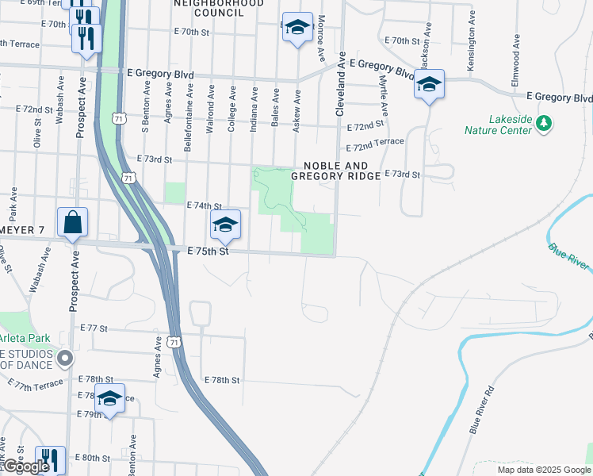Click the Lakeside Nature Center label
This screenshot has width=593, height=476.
point(510,125)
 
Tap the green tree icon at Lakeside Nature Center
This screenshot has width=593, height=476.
point(543,123)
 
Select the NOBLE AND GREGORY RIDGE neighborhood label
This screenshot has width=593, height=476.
point(336,171)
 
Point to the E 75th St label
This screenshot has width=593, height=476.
point(208,251)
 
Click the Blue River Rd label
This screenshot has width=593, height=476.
point(481,409)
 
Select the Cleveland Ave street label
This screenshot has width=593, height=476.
point(342,85)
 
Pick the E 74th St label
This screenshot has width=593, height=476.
point(203,205)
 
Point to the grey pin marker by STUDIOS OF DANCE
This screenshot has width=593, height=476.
point(66,358)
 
